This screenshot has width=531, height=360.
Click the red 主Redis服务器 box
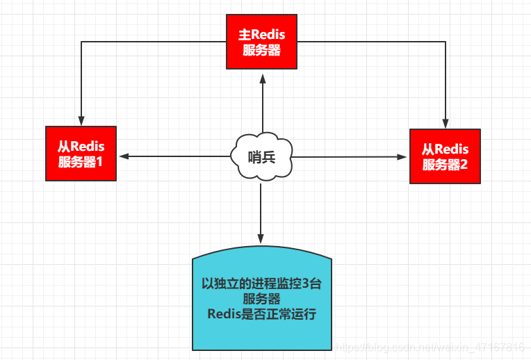261,42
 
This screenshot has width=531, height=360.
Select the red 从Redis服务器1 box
81,154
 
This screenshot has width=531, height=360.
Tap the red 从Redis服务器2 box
445,156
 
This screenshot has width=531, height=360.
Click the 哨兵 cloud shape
261,156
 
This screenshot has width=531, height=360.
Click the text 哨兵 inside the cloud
261,156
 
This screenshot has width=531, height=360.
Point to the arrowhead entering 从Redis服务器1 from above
81,121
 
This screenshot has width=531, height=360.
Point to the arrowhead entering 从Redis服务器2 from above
445,124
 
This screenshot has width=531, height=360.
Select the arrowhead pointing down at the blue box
261,239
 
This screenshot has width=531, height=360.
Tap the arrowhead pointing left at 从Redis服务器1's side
122,156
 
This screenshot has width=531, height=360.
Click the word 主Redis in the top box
261,35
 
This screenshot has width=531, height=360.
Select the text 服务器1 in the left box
81,163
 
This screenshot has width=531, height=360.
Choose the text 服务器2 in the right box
445,165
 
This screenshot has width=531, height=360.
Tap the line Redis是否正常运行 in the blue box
261,314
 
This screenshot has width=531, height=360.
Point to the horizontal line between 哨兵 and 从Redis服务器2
348,157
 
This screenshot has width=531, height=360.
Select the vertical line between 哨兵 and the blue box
261,208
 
